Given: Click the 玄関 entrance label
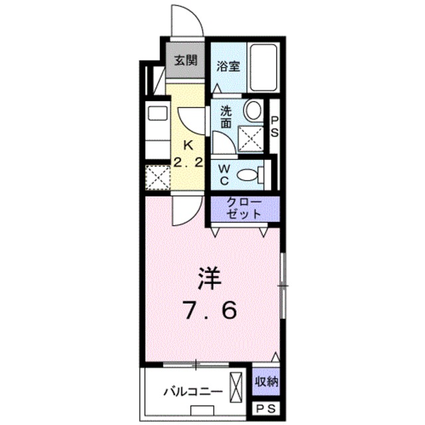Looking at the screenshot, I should point(185,60).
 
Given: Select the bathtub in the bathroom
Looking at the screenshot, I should point(266,68).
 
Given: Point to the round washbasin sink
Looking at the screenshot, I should point(253,111).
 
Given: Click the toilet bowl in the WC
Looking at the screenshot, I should point(248,175).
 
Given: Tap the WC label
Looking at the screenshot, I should point(225,175).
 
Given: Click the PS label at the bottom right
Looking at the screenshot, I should point(265,410).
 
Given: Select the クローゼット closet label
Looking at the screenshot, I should point(245,209).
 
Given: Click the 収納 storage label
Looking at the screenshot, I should point(266,381).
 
